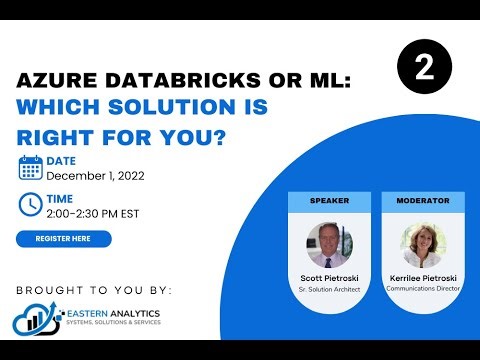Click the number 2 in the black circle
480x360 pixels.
(424, 69)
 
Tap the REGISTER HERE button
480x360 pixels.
(64, 238)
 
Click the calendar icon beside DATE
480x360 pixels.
(30, 167)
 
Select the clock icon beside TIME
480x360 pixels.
(30, 203)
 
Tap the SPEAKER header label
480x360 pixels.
(329, 201)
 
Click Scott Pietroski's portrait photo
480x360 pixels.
(329, 244)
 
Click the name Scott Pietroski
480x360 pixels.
(329, 277)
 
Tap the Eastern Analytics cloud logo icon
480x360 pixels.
(33, 319)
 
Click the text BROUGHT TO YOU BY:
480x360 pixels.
(94, 290)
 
